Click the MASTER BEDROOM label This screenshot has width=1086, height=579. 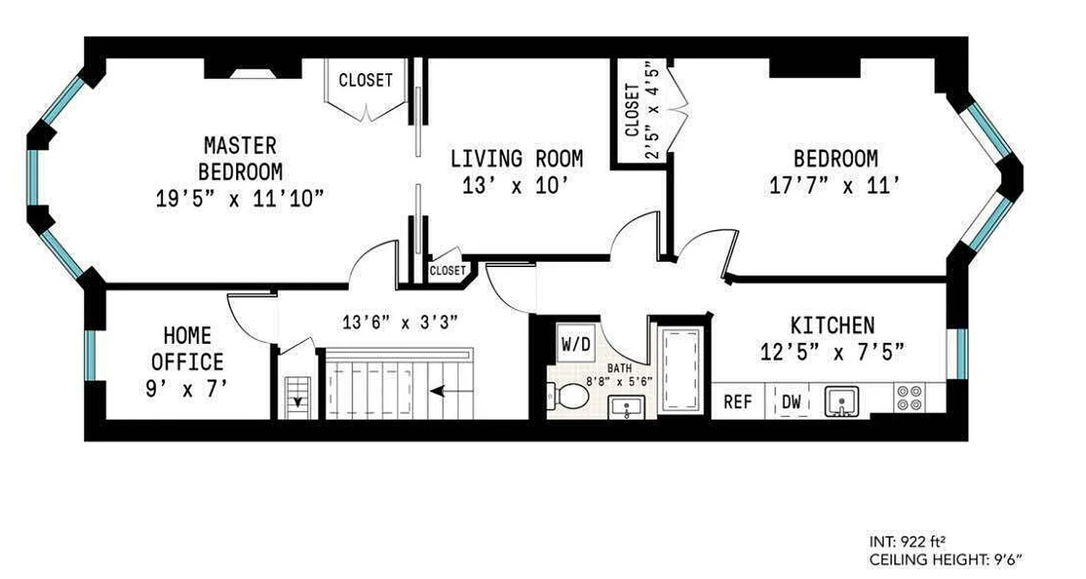tap(240, 159)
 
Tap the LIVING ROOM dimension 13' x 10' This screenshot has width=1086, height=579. tap(516, 186)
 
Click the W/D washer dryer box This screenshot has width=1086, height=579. tap(576, 344)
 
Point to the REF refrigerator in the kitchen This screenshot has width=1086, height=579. tap(738, 402)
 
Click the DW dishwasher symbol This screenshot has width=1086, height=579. tap(792, 402)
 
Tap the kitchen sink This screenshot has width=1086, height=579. tap(841, 401)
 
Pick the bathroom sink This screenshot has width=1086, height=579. tap(623, 407)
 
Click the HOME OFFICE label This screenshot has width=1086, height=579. tap(187, 348)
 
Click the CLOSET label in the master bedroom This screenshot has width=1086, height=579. tap(366, 80)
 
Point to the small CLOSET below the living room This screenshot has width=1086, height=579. tap(447, 271)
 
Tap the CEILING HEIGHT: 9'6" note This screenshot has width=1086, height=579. tap(946, 559)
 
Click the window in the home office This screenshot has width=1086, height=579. tap(90, 355)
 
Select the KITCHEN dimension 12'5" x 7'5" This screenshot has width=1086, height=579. tap(832, 352)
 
